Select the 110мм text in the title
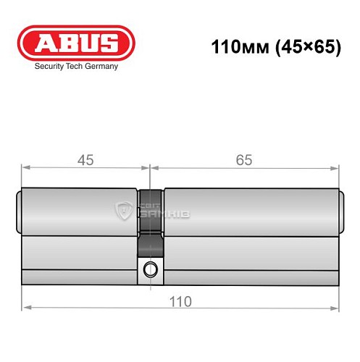[236, 49]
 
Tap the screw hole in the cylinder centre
[150, 269]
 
